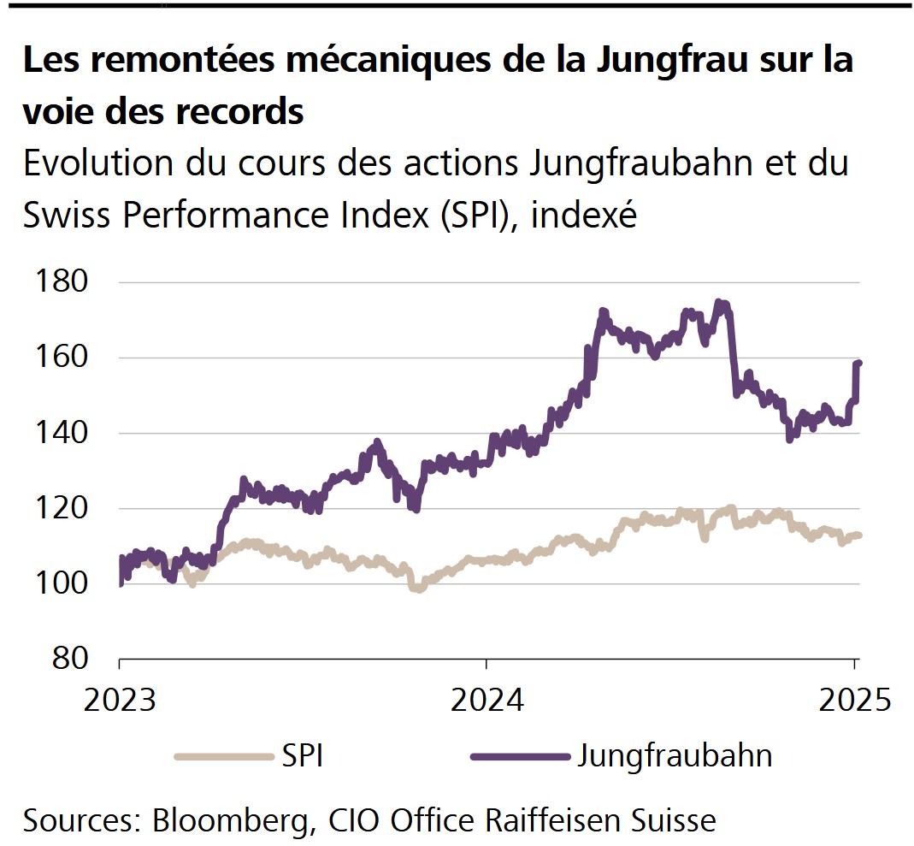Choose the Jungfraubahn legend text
tap(675, 756)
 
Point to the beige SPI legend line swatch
tap(221, 756)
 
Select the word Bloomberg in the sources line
tap(226, 820)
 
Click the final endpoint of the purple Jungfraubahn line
tap(858, 364)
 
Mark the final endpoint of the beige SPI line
tap(858, 535)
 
